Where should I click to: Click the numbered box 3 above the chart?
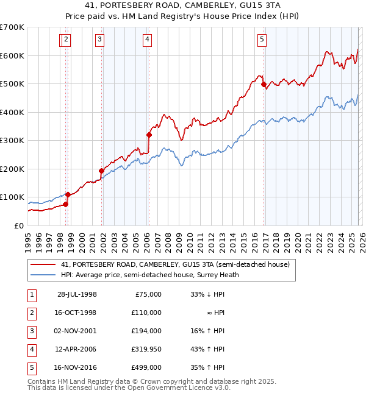tap(99, 40)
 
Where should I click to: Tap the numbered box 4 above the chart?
tap(148, 40)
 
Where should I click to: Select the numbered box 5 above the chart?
tap(262, 40)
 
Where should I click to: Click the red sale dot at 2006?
tap(149, 135)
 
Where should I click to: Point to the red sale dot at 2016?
tap(264, 85)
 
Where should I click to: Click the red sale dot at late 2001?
tap(102, 171)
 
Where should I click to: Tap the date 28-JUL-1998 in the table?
tap(77, 294)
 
